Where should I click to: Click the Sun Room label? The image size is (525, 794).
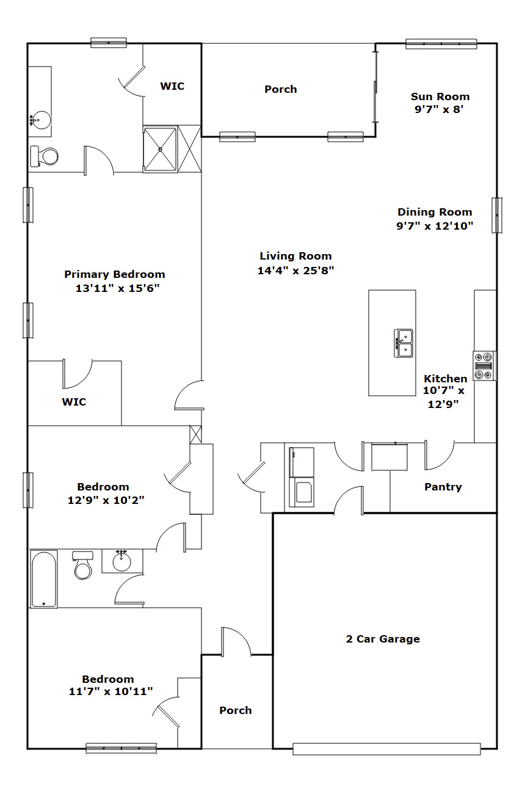[440, 97]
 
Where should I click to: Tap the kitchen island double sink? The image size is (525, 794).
[404, 343]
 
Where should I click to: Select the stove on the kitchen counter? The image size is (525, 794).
[484, 366]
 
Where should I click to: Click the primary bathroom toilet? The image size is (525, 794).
[44, 156]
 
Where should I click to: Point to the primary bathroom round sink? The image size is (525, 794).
[40, 120]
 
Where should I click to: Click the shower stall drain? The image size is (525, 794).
[160, 149]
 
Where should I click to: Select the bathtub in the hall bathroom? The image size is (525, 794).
[43, 579]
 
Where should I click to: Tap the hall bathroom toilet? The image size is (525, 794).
[83, 565]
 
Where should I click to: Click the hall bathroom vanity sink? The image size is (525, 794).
[121, 561]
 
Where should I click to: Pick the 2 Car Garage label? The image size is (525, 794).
[383, 639]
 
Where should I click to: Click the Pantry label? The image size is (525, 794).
[443, 487]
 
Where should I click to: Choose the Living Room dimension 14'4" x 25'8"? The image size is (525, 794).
[296, 271]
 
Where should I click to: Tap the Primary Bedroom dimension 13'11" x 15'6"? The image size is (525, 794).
[118, 288]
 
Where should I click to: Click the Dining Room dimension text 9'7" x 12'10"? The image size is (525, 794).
[435, 225]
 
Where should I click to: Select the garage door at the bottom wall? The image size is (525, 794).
[386, 749]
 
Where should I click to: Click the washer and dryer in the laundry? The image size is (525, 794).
[302, 477]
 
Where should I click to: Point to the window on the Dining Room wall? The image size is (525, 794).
[497, 215]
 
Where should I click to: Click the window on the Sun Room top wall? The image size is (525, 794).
[441, 43]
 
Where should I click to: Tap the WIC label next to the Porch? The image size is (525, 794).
[172, 86]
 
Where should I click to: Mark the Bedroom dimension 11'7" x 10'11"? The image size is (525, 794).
[110, 691]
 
